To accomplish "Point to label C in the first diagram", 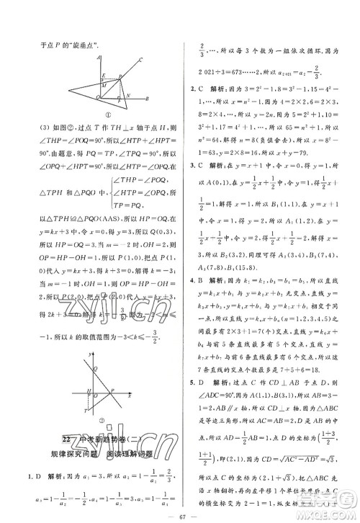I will (x=140, y=60).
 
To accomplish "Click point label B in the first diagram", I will (x=147, y=98).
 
